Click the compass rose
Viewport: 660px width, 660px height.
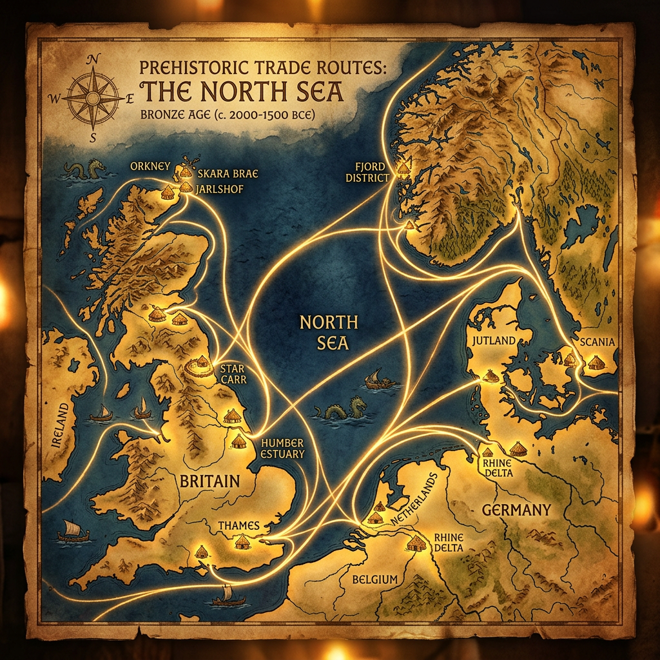93,97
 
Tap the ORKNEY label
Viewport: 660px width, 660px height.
148,165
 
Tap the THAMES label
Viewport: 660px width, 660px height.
238,526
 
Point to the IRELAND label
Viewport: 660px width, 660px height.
62,425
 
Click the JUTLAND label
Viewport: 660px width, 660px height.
494,340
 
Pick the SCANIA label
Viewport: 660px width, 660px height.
597,342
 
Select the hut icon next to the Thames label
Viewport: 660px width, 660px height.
242,542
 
